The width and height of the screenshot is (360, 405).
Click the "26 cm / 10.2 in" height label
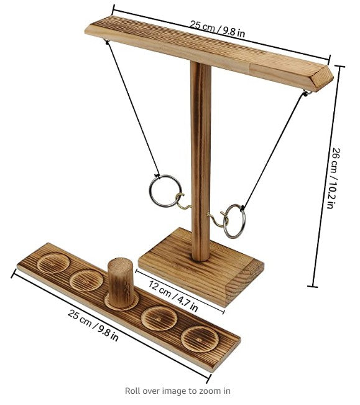coord(336,179)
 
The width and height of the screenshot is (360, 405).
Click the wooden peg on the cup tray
coord(121,281)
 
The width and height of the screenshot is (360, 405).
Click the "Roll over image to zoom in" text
coord(178,391)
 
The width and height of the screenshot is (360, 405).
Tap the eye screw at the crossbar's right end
coord(307,93)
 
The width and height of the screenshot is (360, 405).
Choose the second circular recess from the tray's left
coord(85,280)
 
